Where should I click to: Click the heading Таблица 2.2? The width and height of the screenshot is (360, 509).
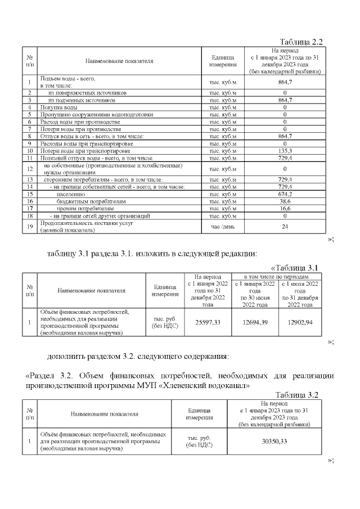pos(300,42)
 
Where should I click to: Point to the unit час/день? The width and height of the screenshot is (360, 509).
pos(222,226)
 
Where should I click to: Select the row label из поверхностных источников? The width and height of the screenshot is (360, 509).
pos(79,92)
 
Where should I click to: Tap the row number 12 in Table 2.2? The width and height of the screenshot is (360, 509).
pos(29,168)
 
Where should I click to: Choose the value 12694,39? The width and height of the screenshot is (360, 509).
pos(254,322)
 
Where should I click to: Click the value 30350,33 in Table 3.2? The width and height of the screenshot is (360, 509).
pos(274,442)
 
